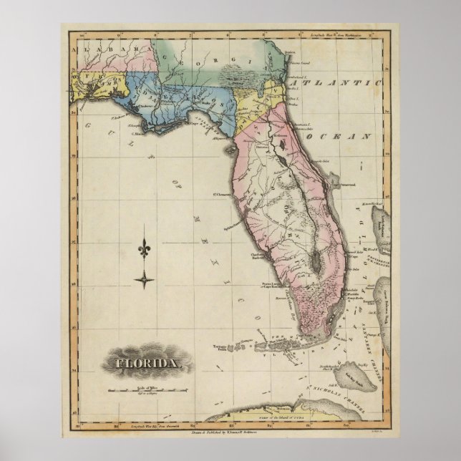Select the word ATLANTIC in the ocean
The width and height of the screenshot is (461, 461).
pos(336,84)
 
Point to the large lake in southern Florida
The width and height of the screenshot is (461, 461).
pos(313,263)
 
